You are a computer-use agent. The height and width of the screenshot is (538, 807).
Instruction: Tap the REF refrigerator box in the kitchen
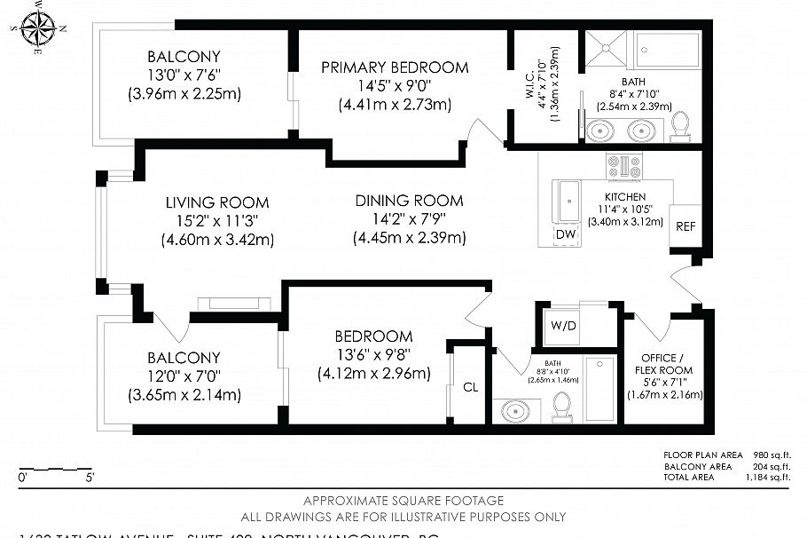[686, 226]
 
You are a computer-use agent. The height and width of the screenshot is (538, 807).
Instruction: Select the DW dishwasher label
[565, 233]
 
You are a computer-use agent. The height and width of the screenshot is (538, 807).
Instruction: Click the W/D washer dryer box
[563, 325]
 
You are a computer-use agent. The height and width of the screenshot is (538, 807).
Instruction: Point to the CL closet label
[470, 386]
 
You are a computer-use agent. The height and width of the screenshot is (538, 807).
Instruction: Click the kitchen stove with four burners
[623, 166]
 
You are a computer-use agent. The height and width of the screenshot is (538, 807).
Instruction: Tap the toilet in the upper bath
[680, 127]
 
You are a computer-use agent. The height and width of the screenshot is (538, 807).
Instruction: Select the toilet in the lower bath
[560, 406]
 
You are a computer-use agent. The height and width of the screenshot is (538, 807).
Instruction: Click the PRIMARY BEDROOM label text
[395, 67]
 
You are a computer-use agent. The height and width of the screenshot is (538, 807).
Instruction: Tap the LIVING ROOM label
[217, 202]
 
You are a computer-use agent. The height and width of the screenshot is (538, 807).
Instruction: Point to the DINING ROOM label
[409, 201]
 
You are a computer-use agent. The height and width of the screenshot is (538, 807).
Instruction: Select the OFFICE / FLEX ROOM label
[664, 363]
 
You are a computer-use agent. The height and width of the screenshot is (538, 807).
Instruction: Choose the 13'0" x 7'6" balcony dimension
[184, 74]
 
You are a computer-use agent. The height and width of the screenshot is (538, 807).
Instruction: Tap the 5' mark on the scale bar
[90, 478]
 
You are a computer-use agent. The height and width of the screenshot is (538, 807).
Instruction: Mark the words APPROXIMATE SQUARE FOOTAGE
[403, 501]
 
